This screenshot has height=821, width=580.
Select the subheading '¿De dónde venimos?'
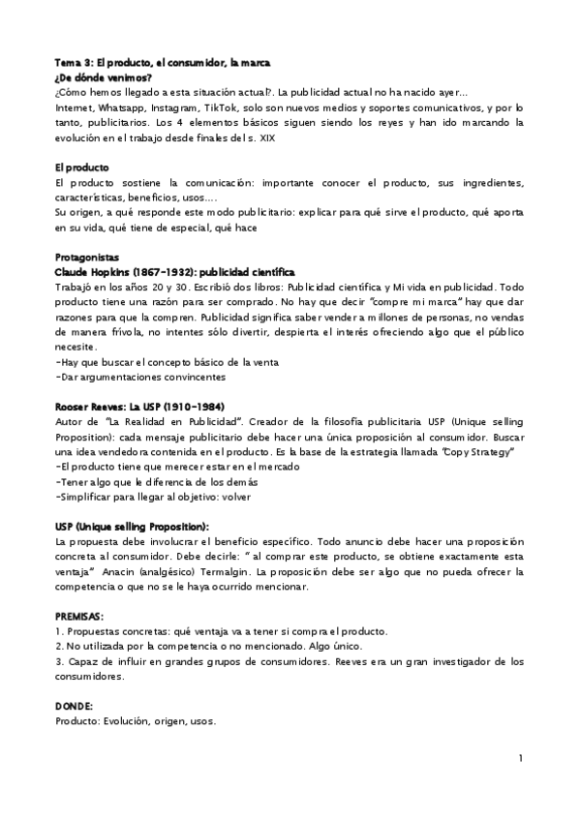click(103, 77)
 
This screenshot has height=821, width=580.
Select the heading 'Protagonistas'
click(87, 258)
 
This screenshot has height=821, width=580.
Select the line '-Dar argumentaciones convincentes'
click(140, 378)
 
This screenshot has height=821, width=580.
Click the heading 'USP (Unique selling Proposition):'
click(132, 527)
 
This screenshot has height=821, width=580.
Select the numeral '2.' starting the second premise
click(60, 647)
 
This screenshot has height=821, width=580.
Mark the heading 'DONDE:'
click(75, 707)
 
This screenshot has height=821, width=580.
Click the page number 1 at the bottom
click(521, 757)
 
